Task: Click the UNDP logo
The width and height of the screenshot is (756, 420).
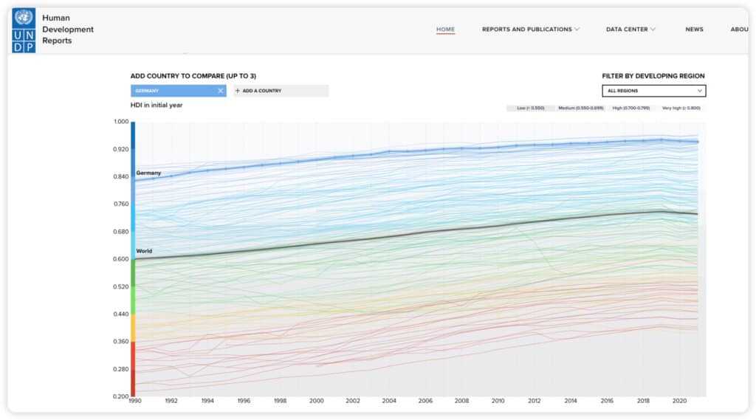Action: tap(24, 30)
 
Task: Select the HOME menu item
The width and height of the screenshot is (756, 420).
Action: tap(445, 30)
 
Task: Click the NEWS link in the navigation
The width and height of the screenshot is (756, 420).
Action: tap(694, 30)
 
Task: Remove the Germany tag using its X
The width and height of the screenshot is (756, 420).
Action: tap(220, 91)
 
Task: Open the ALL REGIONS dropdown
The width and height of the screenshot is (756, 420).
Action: tap(654, 91)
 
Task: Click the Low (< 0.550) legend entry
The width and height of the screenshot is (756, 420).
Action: tap(530, 109)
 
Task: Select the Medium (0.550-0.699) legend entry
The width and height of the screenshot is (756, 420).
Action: tap(580, 109)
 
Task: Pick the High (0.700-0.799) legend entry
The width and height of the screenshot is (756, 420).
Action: tap(631, 109)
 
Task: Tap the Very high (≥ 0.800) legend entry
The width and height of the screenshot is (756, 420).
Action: tap(681, 109)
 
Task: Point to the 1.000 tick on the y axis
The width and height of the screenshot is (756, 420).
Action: tap(120, 122)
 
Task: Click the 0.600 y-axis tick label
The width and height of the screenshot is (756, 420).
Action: tap(120, 259)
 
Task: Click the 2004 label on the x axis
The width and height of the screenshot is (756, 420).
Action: tap(389, 401)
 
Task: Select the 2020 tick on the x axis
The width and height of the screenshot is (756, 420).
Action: tap(679, 401)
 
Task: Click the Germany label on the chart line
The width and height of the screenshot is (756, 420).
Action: tap(148, 173)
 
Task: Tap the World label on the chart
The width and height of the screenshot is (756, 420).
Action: tap(144, 251)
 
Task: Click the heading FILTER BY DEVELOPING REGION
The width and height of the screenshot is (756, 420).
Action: tap(653, 76)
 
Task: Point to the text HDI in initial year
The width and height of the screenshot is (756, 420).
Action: tap(157, 105)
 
